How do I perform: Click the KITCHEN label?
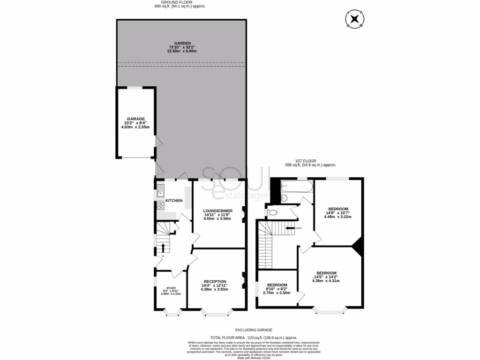tap(174, 201)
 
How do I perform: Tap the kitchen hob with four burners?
tap(160, 205)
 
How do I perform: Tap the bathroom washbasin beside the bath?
tap(283, 197)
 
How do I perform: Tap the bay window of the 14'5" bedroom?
tap(330, 310)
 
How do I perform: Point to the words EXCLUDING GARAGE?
tap(254, 330)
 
